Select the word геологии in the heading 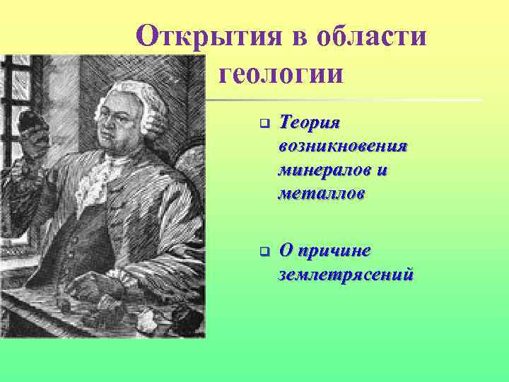click(282, 72)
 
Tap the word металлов click(322, 193)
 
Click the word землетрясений click(346, 274)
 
